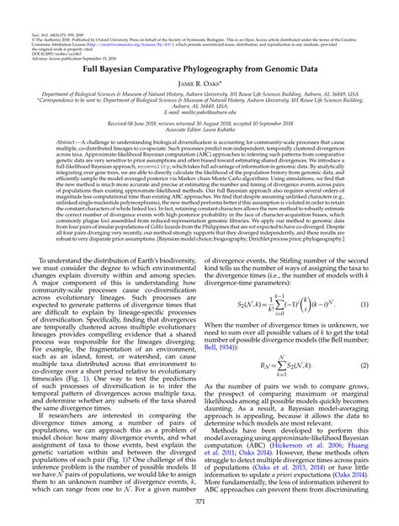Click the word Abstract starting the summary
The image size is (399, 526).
pos(66,143)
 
